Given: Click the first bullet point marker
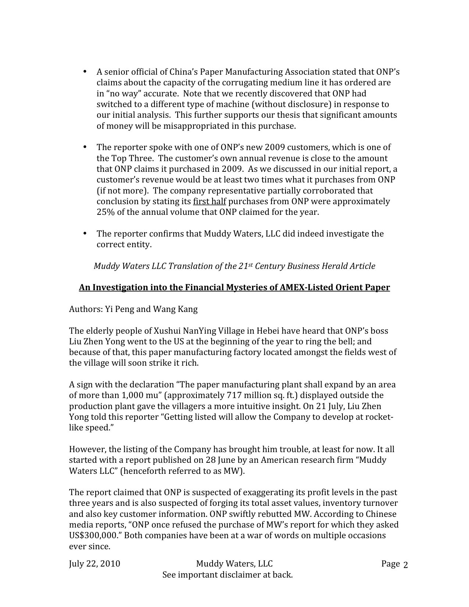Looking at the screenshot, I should click(85, 71).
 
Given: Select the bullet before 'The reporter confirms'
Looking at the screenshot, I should click(85, 233).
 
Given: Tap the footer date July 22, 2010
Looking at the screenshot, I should click(95, 564).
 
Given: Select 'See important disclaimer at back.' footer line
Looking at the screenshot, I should click(227, 575).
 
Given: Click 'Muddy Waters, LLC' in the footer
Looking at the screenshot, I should click(234, 564).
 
